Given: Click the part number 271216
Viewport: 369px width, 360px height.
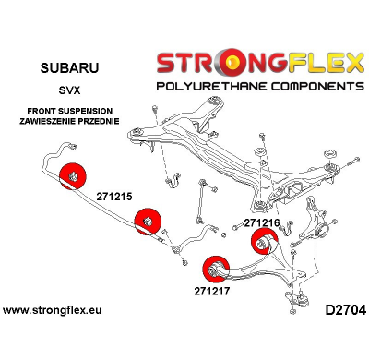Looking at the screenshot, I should pos(263,223).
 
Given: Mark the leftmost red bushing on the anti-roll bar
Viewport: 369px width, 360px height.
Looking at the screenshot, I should pos(71,176).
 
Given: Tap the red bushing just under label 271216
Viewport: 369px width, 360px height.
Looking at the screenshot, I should pos(265,242).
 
